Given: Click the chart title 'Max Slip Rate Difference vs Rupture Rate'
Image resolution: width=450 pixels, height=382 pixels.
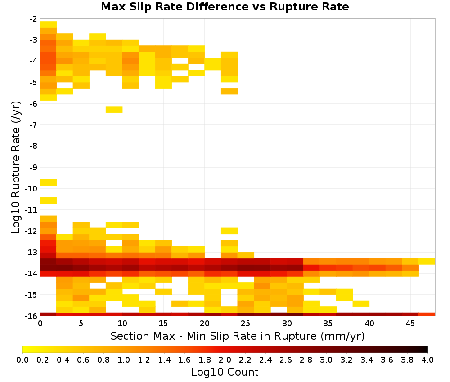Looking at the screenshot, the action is click(225, 7).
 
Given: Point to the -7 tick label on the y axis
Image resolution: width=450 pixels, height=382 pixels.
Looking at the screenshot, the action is click(33, 125).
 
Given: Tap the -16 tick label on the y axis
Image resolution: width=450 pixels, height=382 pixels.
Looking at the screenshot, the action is click(31, 316).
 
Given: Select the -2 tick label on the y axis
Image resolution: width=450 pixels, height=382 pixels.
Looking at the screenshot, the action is click(33, 19).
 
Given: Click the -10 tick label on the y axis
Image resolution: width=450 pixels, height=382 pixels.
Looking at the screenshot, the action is click(31, 189).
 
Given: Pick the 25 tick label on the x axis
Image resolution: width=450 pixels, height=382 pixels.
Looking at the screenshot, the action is click(245, 324).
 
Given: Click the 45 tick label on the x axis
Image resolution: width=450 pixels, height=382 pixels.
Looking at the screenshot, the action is click(410, 324).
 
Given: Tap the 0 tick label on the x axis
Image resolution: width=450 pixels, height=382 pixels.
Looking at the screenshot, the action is click(40, 324).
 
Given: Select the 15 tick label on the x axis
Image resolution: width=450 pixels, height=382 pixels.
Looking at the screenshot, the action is click(163, 324).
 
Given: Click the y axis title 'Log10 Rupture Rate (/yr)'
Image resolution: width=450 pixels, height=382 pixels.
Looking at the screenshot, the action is click(16, 167).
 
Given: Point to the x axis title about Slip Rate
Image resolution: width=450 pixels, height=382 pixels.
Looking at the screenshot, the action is click(238, 336).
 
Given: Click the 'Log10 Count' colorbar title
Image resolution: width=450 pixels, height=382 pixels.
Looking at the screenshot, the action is click(225, 372).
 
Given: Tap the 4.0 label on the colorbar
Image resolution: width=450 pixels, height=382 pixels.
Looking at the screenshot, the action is click(427, 360).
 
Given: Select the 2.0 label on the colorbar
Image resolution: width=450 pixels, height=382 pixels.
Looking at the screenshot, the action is click(225, 360).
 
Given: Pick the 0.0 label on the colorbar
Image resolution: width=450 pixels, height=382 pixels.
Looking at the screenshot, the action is click(22, 360).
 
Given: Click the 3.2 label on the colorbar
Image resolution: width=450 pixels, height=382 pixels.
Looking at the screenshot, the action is click(346, 360).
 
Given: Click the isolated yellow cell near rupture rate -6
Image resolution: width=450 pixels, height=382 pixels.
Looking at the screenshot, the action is click(114, 110).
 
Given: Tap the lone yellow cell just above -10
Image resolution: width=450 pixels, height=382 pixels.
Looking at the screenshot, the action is click(49, 182).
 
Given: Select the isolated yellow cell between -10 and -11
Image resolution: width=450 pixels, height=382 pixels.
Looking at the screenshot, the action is click(49, 200).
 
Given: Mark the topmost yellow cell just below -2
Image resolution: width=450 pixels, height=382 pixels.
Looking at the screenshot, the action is click(49, 24).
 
